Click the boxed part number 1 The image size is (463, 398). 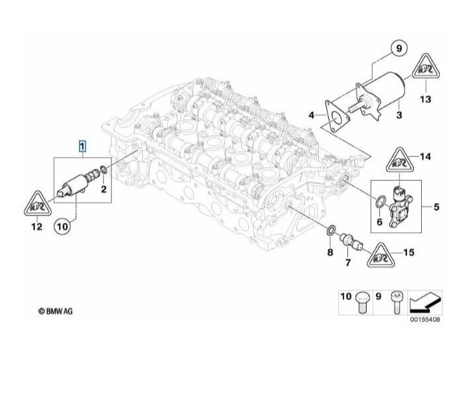point(82,146)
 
